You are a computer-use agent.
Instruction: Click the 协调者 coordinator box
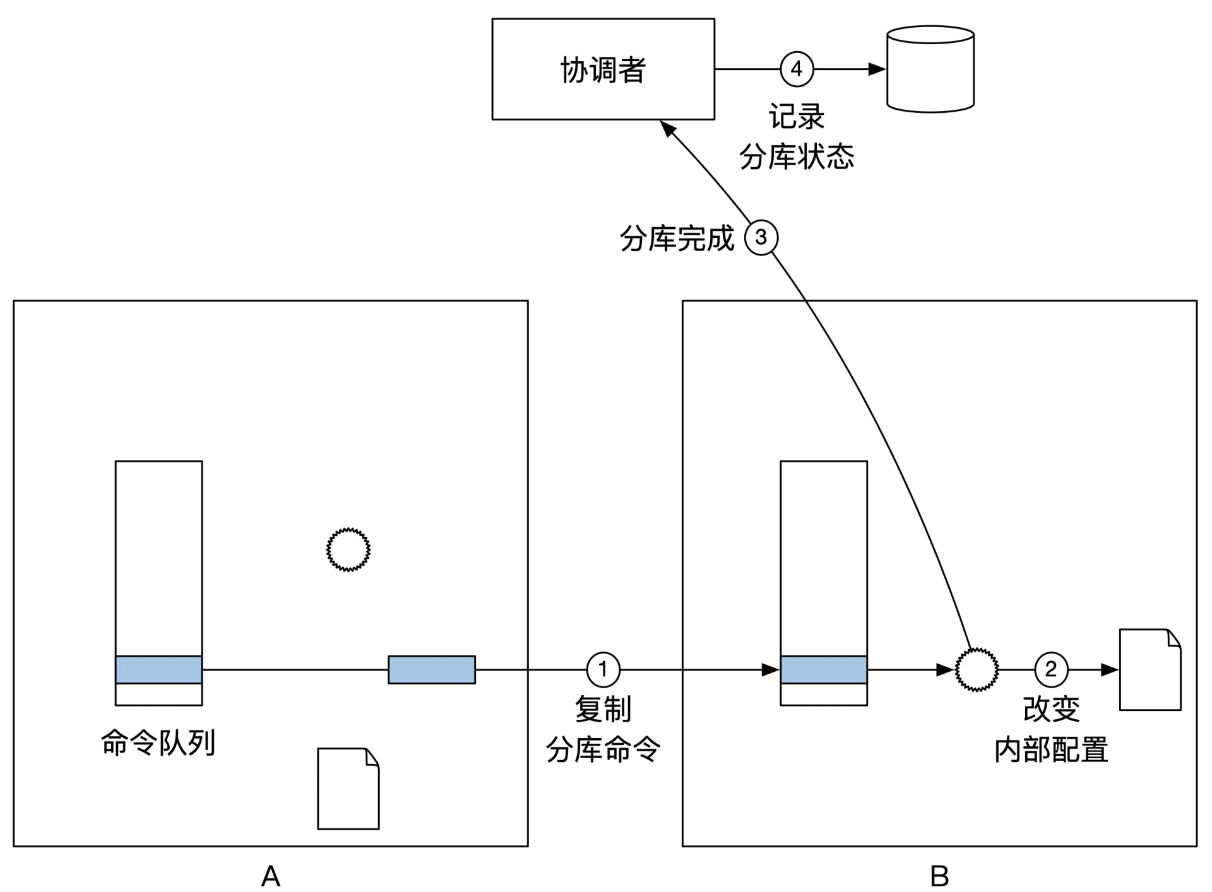pyautogui.click(x=603, y=69)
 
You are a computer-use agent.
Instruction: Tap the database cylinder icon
pyautogui.click(x=930, y=69)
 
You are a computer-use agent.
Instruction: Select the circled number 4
pyautogui.click(x=797, y=69)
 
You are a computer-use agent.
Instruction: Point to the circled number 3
pyautogui.click(x=761, y=238)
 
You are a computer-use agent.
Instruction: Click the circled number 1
pyautogui.click(x=603, y=669)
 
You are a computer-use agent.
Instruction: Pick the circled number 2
pyautogui.click(x=1051, y=669)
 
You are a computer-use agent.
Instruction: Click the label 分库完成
pyautogui.click(x=677, y=238)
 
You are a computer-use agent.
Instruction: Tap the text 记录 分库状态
pyautogui.click(x=797, y=136)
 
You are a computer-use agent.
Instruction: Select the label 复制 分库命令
pyautogui.click(x=603, y=729)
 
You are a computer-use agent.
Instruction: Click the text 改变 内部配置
pyautogui.click(x=1051, y=729)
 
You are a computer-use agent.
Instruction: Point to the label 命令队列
pyautogui.click(x=158, y=742)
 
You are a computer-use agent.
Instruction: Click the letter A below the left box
pyautogui.click(x=270, y=875)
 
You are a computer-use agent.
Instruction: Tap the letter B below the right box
pyautogui.click(x=939, y=875)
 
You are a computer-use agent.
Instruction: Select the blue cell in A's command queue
pyautogui.click(x=158, y=669)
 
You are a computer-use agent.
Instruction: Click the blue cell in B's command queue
pyautogui.click(x=823, y=669)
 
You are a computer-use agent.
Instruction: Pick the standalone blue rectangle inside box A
pyautogui.click(x=431, y=669)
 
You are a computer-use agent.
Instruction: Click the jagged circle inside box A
pyautogui.click(x=348, y=549)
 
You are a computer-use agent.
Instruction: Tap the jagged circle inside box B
pyautogui.click(x=977, y=669)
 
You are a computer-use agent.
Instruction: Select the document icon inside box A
pyautogui.click(x=348, y=789)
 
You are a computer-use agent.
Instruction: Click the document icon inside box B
pyautogui.click(x=1150, y=669)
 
